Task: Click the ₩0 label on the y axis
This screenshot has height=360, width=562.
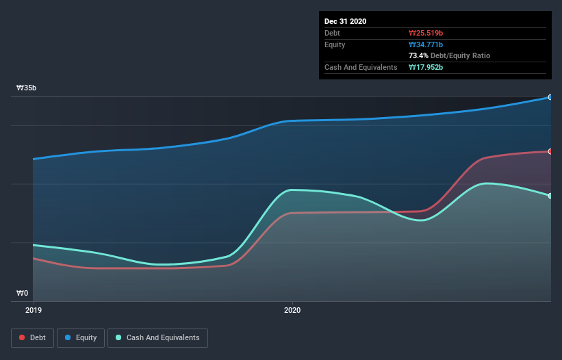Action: click(x=23, y=294)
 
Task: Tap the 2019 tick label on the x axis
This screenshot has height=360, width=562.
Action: click(x=33, y=310)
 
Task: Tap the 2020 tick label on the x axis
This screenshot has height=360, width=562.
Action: click(x=292, y=310)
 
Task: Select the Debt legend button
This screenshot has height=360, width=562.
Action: click(x=32, y=337)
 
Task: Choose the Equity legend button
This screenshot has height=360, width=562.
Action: click(x=81, y=337)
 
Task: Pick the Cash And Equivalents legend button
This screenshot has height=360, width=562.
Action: click(x=157, y=337)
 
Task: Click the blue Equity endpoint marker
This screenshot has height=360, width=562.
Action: click(x=550, y=97)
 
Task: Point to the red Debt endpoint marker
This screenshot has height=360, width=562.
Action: click(x=550, y=151)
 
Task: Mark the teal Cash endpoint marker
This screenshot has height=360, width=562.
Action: click(x=550, y=196)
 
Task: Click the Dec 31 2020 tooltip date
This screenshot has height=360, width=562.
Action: click(x=345, y=21)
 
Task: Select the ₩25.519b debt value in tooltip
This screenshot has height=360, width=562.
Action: click(x=426, y=33)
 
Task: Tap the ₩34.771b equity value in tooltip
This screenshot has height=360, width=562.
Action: click(x=426, y=44)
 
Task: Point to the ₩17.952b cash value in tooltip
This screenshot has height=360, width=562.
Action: click(x=426, y=67)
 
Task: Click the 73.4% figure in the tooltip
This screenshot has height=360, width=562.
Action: click(x=418, y=55)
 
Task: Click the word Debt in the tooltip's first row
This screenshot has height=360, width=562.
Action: click(x=332, y=33)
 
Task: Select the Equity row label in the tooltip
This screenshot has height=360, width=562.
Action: click(x=335, y=44)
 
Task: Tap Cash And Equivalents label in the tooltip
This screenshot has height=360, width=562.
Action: click(x=361, y=67)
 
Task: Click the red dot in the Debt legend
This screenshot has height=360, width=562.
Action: click(x=23, y=337)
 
